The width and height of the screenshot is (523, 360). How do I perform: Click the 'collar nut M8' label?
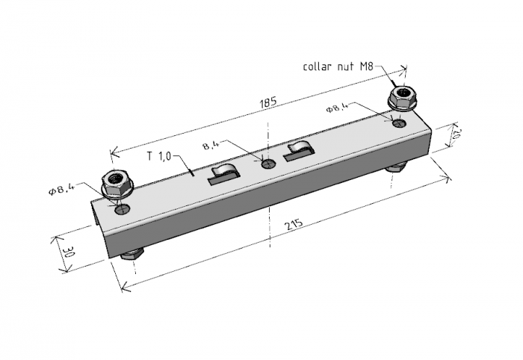(x=338, y=66)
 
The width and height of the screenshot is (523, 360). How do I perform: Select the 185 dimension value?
(x=268, y=102)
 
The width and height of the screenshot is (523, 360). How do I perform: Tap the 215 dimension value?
(x=294, y=224)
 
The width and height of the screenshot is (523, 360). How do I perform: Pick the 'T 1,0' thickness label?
(x=158, y=156)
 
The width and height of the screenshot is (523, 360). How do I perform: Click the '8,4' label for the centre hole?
(x=211, y=145)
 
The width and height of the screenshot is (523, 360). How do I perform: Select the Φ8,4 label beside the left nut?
(x=62, y=190)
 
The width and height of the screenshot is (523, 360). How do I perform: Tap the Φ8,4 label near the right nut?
(x=337, y=108)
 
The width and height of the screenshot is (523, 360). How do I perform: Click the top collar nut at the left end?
(x=117, y=184)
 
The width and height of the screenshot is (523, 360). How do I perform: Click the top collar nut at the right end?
(x=402, y=99)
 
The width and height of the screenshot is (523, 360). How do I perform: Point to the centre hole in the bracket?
(x=268, y=164)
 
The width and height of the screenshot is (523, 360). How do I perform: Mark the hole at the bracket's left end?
(x=123, y=209)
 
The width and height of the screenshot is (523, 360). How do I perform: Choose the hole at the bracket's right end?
(x=400, y=122)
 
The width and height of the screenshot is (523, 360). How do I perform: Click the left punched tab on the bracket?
(x=224, y=174)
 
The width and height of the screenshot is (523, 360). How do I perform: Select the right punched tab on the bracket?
(x=299, y=150)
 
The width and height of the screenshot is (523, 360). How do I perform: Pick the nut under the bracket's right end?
(x=397, y=167)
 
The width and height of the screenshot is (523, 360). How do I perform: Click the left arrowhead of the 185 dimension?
(x=114, y=152)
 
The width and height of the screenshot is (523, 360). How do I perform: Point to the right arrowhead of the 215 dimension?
(x=446, y=179)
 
